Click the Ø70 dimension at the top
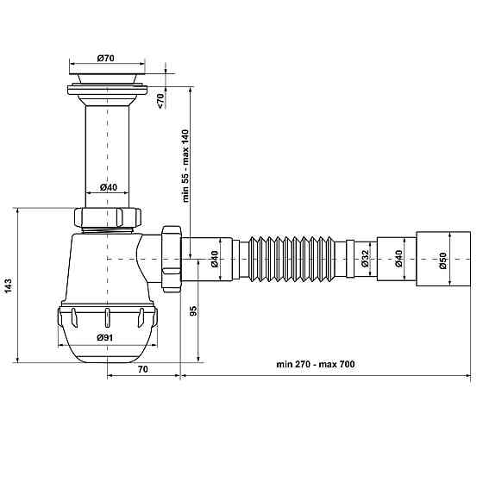click(106, 58)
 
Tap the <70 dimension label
click(161, 101)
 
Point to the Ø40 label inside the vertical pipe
click(108, 188)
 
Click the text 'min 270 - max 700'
click(315, 365)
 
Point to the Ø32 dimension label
click(365, 258)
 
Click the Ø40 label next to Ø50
click(398, 259)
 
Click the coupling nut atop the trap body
click(107, 216)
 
